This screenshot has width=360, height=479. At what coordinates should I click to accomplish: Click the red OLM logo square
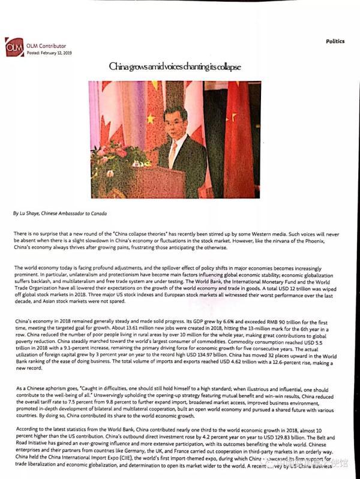tap(14, 47)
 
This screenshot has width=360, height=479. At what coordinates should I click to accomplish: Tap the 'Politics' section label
tap(335, 41)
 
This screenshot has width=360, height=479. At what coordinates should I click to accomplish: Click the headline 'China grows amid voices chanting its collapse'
tap(174, 67)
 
